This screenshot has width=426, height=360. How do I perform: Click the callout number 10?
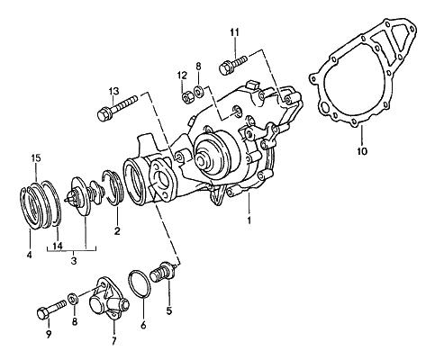362,151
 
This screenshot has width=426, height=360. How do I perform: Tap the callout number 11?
235,32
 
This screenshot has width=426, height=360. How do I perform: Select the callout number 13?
113,91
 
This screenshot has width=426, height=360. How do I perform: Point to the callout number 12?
182,76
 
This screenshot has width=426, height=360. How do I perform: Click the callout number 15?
36,158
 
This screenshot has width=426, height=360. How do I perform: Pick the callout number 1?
249,220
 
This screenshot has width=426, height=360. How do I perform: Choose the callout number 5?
169,310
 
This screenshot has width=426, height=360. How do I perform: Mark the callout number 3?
74,261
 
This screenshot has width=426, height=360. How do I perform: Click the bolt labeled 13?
117,108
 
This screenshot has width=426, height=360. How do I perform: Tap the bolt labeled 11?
233,64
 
